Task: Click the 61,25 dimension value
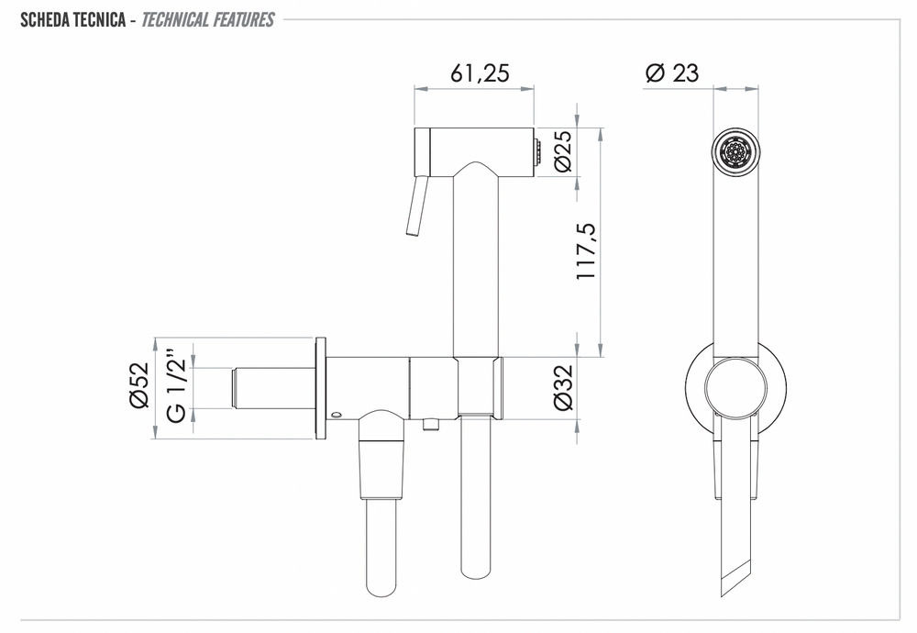pyautogui.click(x=480, y=72)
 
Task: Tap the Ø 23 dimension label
pyautogui.click(x=672, y=72)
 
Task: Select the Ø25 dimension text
pyautogui.click(x=563, y=151)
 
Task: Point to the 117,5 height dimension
pyautogui.click(x=585, y=251)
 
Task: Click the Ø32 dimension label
pyautogui.click(x=563, y=387)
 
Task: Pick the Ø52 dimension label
pyautogui.click(x=139, y=385)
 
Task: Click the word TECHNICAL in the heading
pyautogui.click(x=175, y=20)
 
